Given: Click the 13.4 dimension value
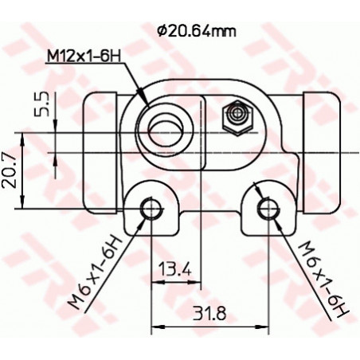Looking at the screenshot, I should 174,270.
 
